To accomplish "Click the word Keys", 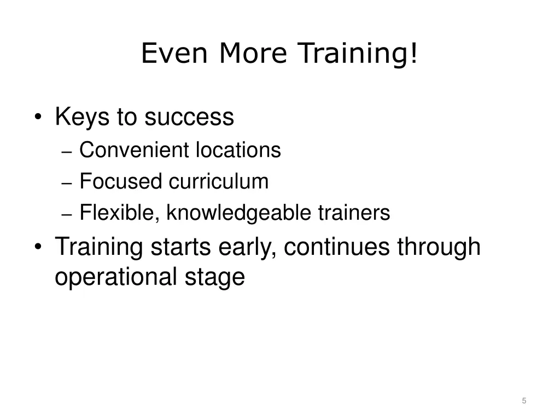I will click(x=82, y=117).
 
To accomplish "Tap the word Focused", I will click(x=121, y=181).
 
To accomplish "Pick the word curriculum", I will click(x=219, y=181).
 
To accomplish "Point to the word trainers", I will click(x=354, y=213).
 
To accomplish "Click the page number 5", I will click(x=524, y=401).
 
